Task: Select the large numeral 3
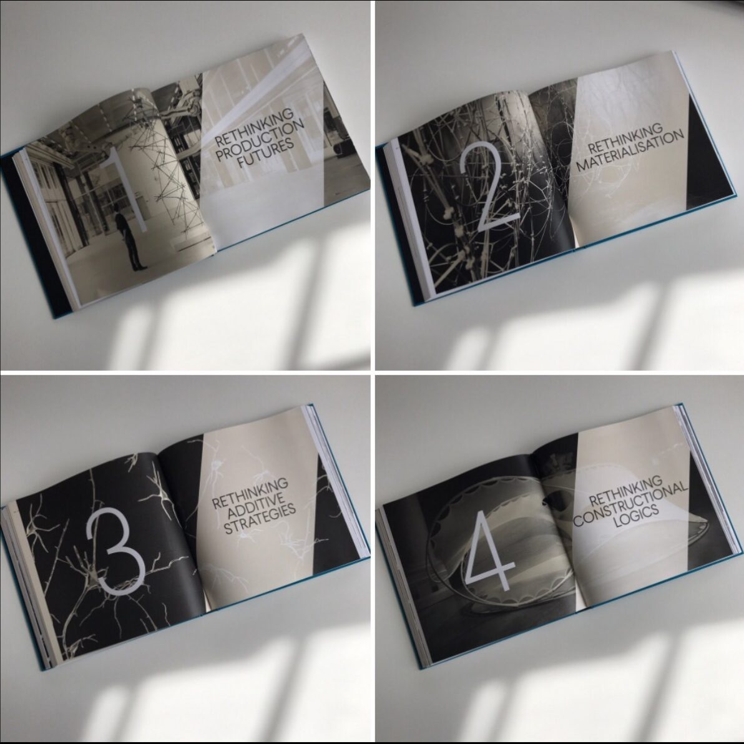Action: click(x=115, y=551)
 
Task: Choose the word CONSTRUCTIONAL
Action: click(x=630, y=504)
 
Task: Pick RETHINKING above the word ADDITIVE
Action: click(x=250, y=494)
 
